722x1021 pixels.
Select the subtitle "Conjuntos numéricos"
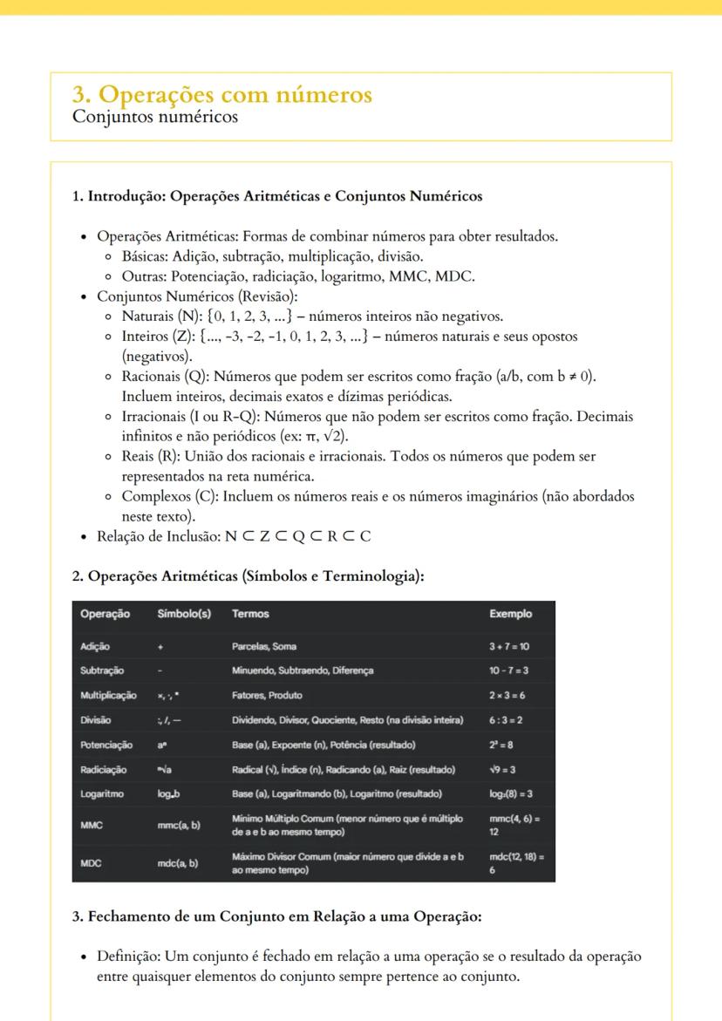coord(155,116)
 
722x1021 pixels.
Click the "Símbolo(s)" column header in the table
coord(184,614)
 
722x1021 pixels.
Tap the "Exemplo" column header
coord(510,614)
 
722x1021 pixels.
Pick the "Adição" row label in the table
coord(97,646)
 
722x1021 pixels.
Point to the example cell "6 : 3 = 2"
coord(507,720)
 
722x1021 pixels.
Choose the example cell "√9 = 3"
coord(505,770)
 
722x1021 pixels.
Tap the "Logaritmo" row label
coord(102,794)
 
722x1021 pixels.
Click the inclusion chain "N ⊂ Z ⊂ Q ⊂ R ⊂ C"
coord(297,535)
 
